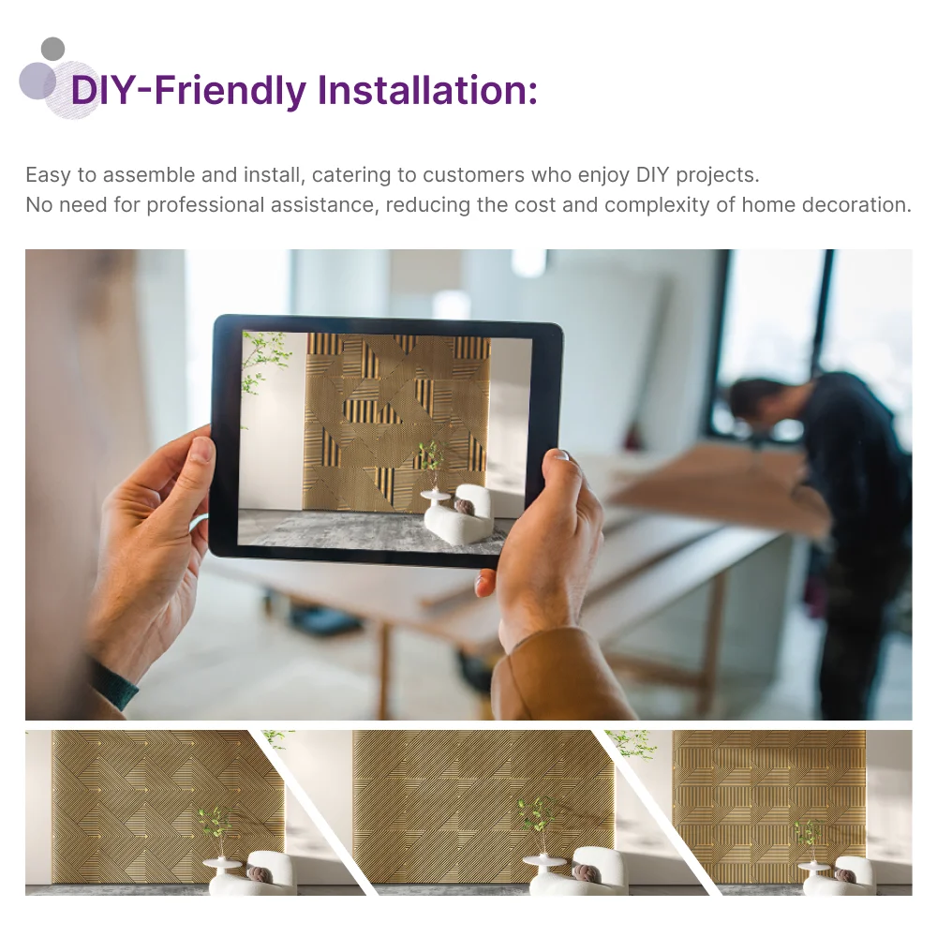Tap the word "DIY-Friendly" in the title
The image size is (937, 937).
point(188,91)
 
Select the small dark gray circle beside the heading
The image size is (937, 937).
point(53,49)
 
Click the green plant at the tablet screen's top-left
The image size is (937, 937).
point(263,361)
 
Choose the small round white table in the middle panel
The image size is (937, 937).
point(543,863)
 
